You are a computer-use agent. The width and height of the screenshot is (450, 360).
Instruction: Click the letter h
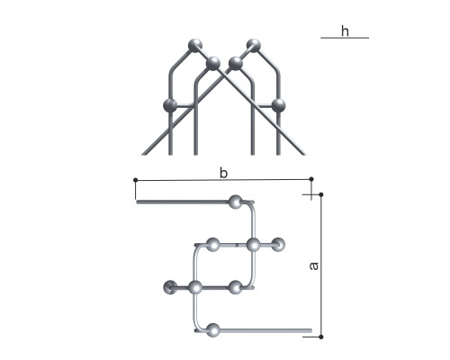pos(345,31)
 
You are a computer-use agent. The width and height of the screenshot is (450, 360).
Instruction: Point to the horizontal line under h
pos(345,38)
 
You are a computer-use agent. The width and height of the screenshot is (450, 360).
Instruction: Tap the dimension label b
pos(223,173)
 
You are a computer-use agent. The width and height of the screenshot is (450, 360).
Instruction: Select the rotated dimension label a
pos(314,265)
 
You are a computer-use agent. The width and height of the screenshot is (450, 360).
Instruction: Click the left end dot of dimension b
pos(136,180)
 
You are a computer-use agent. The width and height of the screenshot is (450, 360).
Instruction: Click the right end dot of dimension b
pos(311,179)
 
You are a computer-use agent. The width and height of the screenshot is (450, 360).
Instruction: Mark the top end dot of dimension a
pos(321,194)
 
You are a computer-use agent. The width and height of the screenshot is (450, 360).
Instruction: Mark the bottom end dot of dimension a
pos(321,337)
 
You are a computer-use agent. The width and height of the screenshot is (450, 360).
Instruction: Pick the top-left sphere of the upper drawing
pos(195,46)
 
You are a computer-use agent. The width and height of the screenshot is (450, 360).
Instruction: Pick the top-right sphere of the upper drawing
pos(254,46)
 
